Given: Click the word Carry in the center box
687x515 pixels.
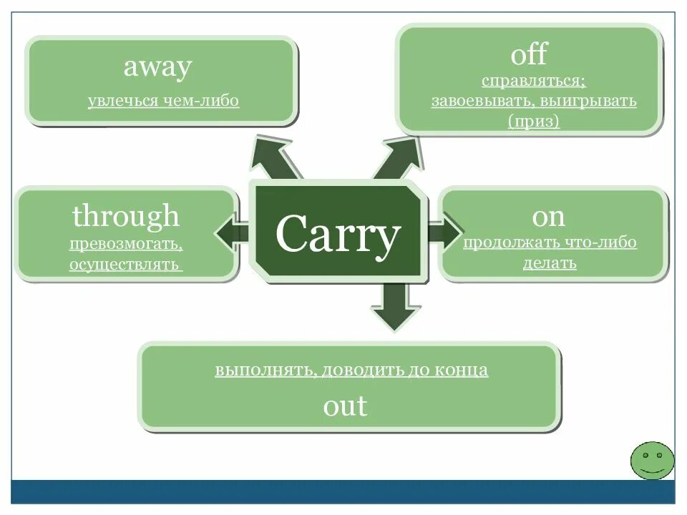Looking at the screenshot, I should click(x=337, y=235).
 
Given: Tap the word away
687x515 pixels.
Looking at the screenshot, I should click(x=157, y=67).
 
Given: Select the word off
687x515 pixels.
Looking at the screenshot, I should click(x=529, y=54).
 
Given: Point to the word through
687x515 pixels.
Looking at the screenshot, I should click(x=126, y=216).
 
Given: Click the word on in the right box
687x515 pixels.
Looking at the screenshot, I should click(x=548, y=216).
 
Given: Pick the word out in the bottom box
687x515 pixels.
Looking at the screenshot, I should click(x=345, y=406).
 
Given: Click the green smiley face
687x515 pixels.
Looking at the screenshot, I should click(x=652, y=460).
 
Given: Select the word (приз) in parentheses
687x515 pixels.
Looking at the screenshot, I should click(x=534, y=121).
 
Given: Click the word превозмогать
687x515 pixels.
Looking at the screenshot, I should click(x=126, y=245).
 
